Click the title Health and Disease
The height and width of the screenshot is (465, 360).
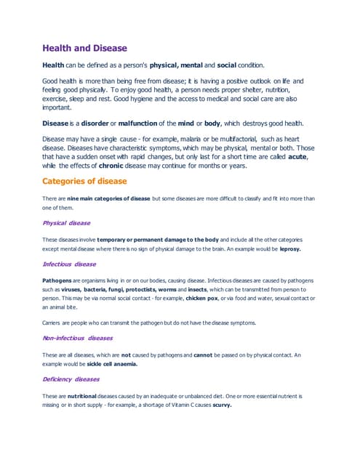coord(84,49)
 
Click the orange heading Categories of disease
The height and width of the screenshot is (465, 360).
coord(84,181)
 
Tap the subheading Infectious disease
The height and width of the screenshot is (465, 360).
coord(69,264)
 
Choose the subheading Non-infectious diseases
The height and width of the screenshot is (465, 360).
coord(78,338)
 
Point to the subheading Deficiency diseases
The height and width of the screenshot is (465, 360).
coord(71,379)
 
